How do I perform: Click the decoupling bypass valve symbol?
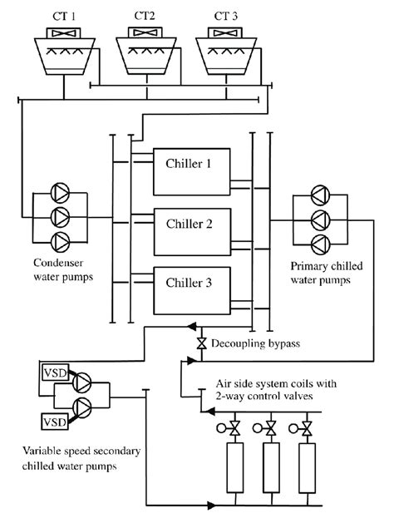[199, 343]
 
